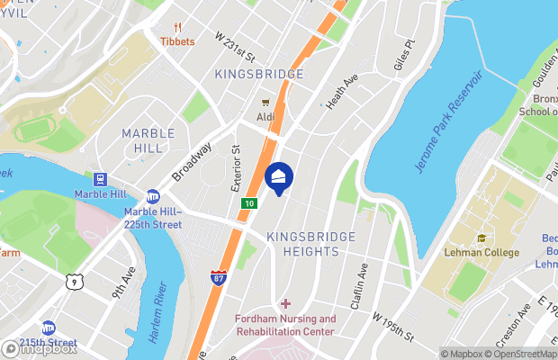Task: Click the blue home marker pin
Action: (x=279, y=178)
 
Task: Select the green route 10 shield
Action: (x=247, y=204)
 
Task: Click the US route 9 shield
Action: (x=72, y=282)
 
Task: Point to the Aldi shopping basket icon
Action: (x=265, y=103)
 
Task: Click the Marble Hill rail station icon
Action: (x=101, y=177)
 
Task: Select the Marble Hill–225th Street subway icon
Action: (x=153, y=196)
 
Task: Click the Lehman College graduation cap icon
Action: (x=481, y=238)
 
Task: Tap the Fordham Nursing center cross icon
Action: (x=285, y=304)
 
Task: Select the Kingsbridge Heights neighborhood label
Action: (x=311, y=244)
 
